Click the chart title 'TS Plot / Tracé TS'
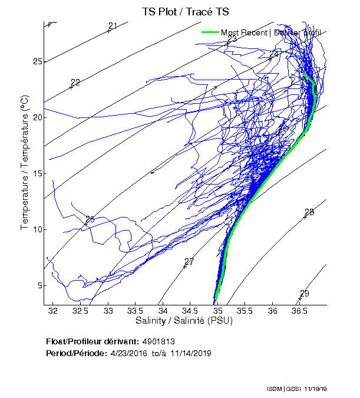[185, 11]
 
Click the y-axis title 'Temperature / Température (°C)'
[25, 163]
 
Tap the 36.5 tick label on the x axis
[300, 310]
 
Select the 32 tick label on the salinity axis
[54, 310]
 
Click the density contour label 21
[113, 25]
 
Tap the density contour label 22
[75, 83]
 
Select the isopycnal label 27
[189, 262]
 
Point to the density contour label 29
[304, 294]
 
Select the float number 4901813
[158, 342]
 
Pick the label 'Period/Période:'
[75, 353]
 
